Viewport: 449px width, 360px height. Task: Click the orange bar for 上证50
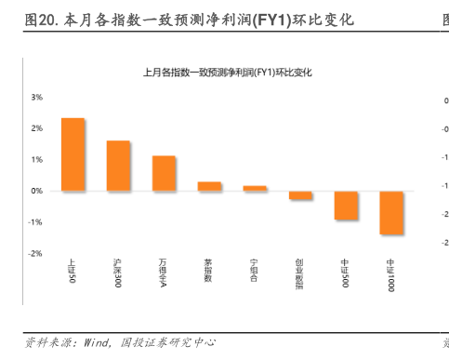[73, 154]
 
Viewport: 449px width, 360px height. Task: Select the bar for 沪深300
[118, 166]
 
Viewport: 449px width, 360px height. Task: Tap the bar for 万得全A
[164, 173]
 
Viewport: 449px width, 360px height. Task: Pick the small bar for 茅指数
[209, 186]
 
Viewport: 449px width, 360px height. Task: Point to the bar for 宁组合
[255, 188]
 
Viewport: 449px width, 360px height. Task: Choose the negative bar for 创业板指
[300, 195]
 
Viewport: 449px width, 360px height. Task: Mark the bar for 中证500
[346, 206]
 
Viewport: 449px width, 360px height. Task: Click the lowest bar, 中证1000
[391, 212]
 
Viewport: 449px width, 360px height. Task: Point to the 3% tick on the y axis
[36, 96]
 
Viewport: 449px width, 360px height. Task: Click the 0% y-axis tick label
[36, 191]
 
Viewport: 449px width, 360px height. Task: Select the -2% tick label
[36, 253]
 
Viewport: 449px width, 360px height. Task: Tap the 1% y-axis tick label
[36, 159]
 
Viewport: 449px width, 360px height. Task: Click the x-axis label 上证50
[73, 271]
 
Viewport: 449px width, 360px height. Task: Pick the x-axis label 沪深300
[118, 273]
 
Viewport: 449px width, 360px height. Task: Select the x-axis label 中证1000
[391, 275]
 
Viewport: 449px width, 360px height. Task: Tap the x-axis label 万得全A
[164, 273]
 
